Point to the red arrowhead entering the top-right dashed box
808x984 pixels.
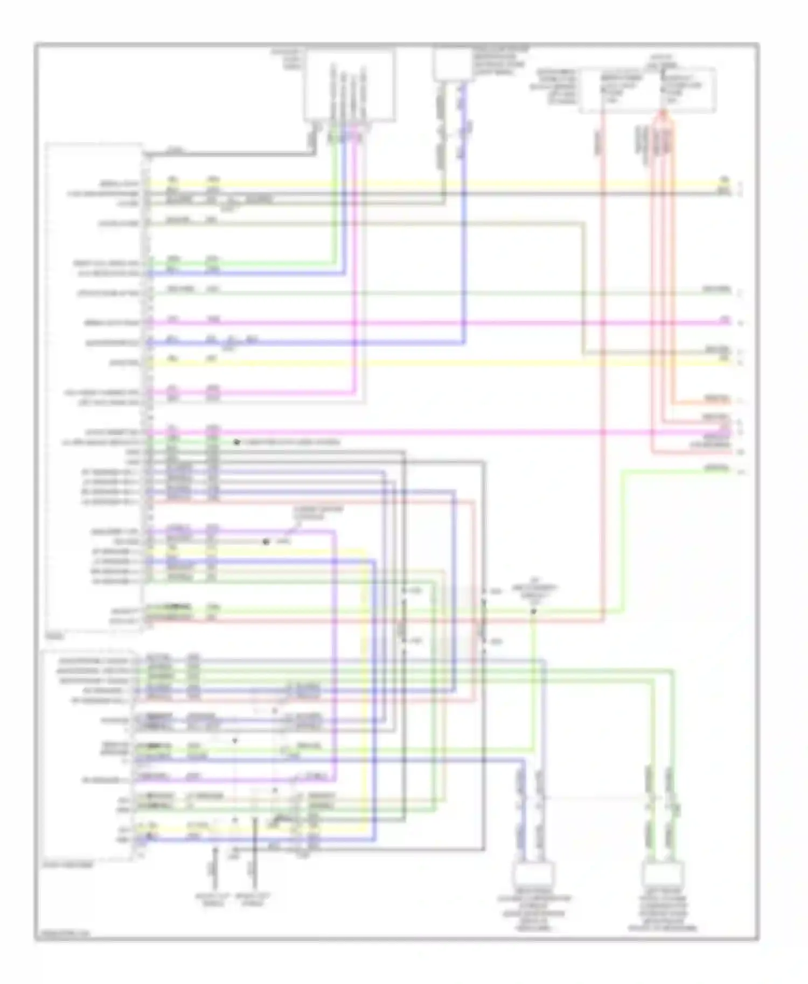tap(663, 114)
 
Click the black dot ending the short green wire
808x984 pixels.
tap(236, 442)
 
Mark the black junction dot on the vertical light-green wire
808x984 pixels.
tap(533, 612)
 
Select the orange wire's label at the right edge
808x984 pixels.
tap(716, 399)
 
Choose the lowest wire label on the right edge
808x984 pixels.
tap(716, 469)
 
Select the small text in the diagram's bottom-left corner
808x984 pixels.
tap(59, 935)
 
